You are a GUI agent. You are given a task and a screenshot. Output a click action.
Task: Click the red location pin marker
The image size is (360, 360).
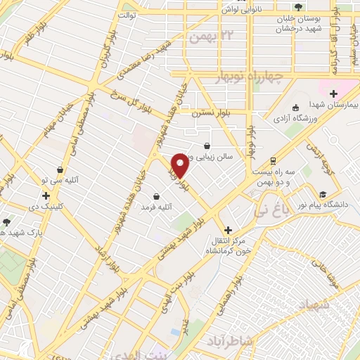[180, 165]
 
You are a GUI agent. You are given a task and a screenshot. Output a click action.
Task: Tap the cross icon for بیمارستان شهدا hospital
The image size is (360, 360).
[334, 94]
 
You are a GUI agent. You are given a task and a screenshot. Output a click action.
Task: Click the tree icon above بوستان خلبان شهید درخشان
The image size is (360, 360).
[300, 7]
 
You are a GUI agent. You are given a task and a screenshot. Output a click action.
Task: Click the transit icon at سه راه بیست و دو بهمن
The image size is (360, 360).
[271, 161]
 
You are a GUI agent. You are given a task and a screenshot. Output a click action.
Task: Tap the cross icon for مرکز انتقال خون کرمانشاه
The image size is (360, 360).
[227, 230]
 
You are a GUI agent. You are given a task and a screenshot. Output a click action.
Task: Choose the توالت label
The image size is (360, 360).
[127, 14]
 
